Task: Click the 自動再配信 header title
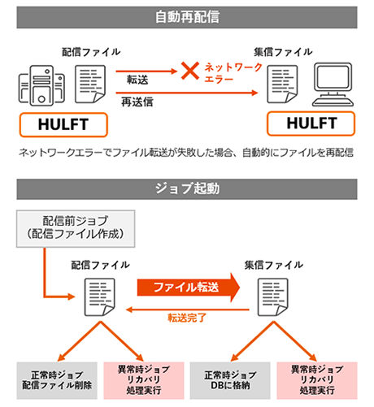[187, 17]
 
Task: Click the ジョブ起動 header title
[187, 188]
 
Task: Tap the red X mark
[190, 71]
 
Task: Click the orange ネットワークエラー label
[233, 72]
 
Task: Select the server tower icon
[41, 85]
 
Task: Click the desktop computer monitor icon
[333, 84]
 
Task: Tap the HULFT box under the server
[63, 124]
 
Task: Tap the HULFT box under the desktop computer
[311, 123]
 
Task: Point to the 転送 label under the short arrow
[137, 80]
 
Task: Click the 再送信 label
[137, 102]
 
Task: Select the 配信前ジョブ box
[76, 228]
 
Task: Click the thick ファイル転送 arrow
[189, 287]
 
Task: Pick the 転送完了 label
[187, 318]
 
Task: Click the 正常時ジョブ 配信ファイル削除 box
[57, 380]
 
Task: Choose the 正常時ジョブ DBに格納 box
[230, 380]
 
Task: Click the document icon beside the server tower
[90, 84]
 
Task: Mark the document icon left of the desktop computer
[282, 84]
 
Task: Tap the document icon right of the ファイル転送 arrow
[273, 297]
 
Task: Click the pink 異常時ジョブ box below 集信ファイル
[317, 380]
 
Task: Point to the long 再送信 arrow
[187, 93]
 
